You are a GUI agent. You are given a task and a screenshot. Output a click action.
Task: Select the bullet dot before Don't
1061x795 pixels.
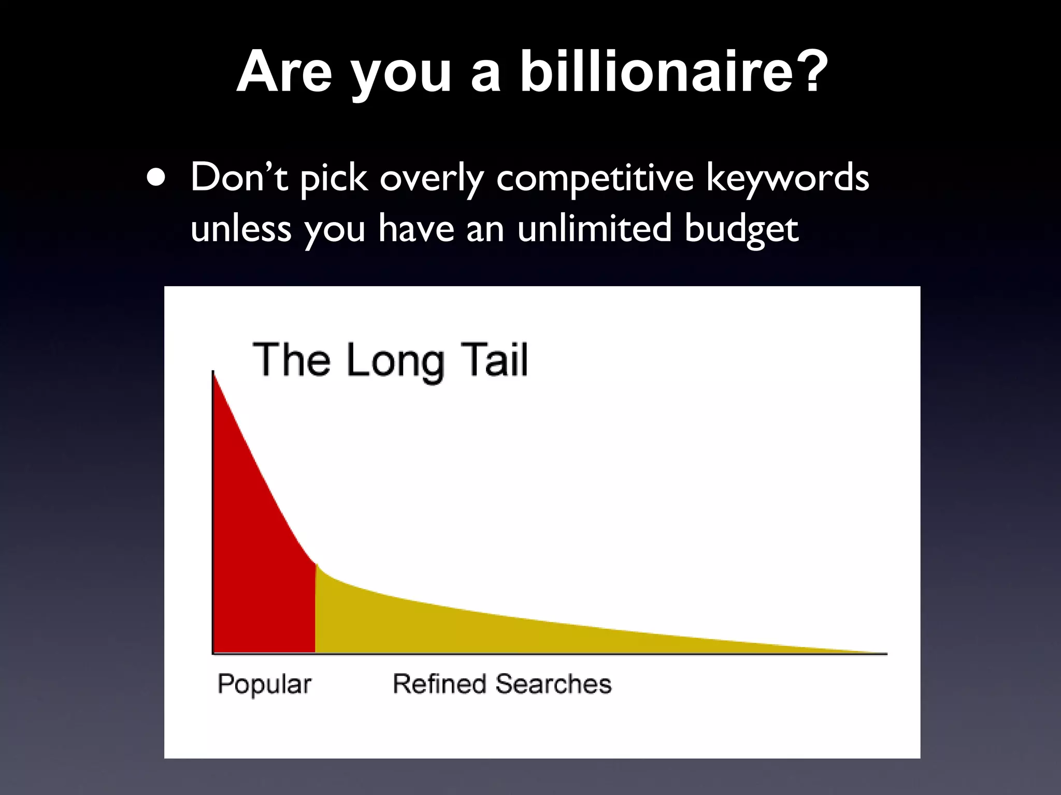click(x=156, y=178)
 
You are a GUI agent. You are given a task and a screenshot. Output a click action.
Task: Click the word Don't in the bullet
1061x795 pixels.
click(x=239, y=178)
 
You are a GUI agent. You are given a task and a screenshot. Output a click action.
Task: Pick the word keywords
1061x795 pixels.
click(x=787, y=178)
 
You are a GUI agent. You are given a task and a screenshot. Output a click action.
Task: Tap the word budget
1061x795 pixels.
click(x=741, y=229)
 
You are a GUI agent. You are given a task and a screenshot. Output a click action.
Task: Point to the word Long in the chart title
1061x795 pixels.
click(x=395, y=361)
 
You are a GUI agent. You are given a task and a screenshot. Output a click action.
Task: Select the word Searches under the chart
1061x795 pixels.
click(x=553, y=683)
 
